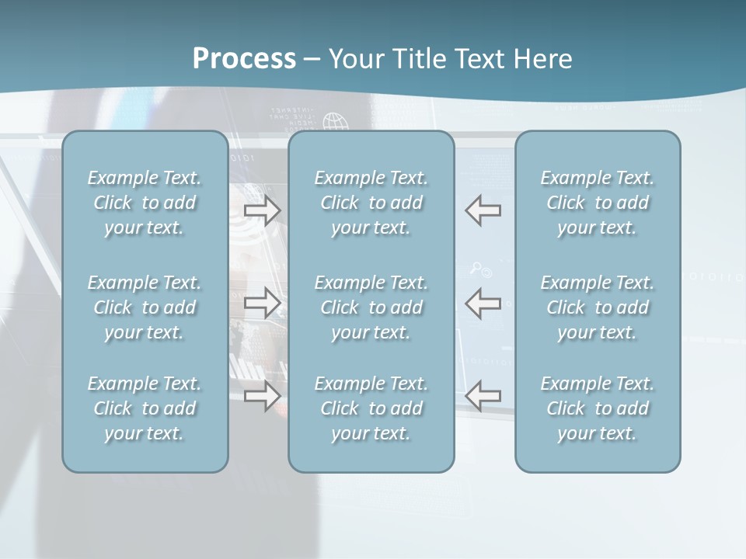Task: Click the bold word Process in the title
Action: pyautogui.click(x=244, y=59)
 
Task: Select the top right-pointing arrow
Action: pyautogui.click(x=263, y=211)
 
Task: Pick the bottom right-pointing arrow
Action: pyautogui.click(x=263, y=396)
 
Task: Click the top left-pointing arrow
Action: pyautogui.click(x=483, y=210)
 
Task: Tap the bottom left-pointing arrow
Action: pyautogui.click(x=483, y=396)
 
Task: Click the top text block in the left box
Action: pyautogui.click(x=145, y=203)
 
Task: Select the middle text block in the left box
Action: pyautogui.click(x=145, y=307)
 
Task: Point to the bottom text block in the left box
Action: pyautogui.click(x=145, y=408)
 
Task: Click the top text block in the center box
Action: pyautogui.click(x=371, y=203)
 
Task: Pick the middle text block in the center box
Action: pyautogui.click(x=371, y=307)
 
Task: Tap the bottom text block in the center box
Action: pyautogui.click(x=371, y=408)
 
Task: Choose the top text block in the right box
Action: pyautogui.click(x=598, y=203)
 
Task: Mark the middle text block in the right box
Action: pyautogui.click(x=598, y=307)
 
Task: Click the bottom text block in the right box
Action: pyautogui.click(x=598, y=408)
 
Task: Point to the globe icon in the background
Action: pyautogui.click(x=336, y=123)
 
